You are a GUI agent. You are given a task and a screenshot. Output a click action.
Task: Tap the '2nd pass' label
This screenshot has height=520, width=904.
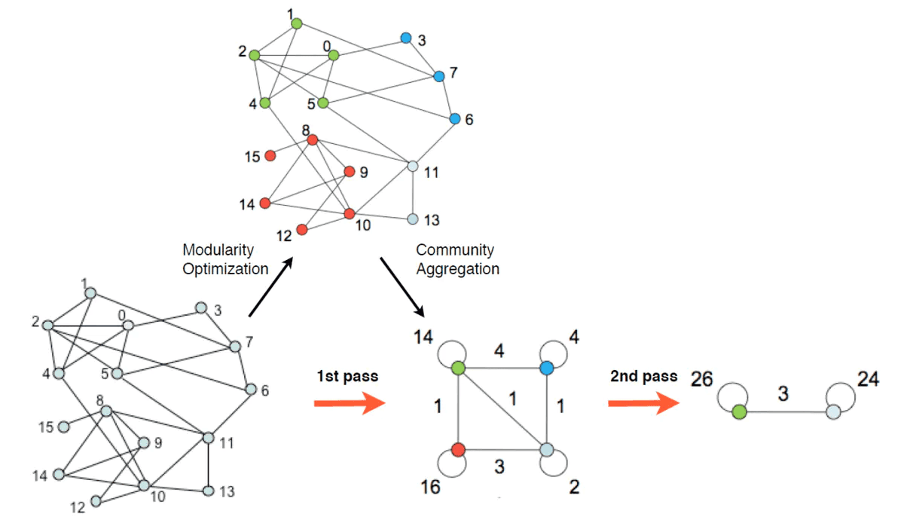644,376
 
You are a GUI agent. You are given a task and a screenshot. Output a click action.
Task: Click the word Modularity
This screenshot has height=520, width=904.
218,249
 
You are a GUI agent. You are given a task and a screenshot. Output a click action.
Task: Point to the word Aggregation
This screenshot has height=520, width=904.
457,269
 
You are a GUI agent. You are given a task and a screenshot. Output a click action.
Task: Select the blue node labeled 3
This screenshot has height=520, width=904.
406,38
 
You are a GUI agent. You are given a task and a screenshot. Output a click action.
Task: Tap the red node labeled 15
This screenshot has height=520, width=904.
270,156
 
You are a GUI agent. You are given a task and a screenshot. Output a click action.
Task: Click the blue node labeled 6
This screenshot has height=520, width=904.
454,119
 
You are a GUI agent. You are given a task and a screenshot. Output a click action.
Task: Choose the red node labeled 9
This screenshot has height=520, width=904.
349,172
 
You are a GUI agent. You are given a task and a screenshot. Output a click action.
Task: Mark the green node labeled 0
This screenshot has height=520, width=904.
334,55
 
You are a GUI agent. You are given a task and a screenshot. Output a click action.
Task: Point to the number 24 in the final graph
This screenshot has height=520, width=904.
867,379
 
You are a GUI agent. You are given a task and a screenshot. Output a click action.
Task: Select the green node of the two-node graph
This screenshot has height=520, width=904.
739,412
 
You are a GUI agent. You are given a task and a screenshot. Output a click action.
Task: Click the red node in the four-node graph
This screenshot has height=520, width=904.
457,450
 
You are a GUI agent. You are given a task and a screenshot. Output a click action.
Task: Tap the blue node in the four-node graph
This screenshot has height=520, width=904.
547,368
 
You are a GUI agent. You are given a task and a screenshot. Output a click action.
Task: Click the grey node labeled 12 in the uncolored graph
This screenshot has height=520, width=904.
96,501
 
